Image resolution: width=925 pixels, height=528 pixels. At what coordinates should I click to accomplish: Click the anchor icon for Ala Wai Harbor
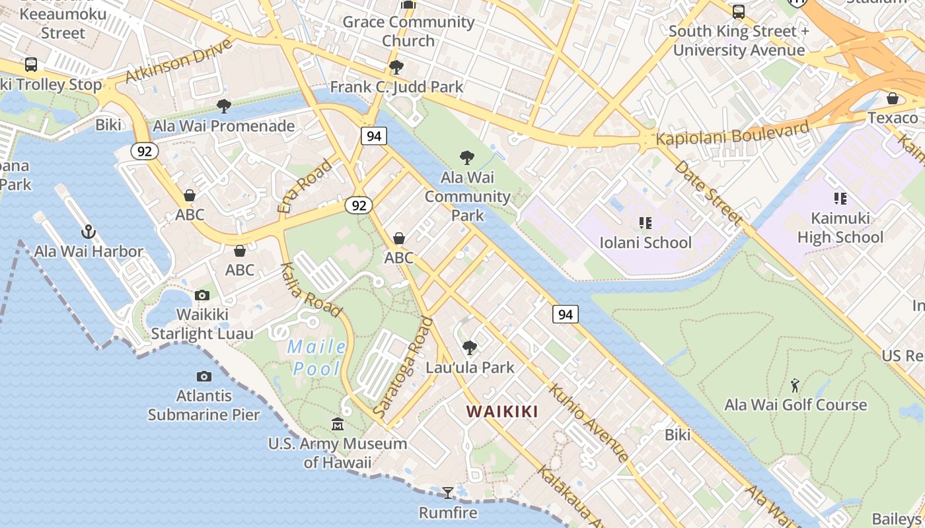89,232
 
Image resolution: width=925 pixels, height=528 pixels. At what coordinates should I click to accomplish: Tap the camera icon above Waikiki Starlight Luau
202,295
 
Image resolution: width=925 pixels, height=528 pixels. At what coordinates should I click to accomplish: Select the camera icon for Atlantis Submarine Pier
204,376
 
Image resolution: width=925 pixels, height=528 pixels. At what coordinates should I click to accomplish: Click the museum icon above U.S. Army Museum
338,423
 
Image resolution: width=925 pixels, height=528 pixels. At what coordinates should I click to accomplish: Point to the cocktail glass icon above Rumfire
448,492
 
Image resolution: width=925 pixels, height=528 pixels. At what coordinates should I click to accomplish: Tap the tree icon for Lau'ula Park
470,347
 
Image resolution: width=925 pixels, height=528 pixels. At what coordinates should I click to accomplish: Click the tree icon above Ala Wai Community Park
467,158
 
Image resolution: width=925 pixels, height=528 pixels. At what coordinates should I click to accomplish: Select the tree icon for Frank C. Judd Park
396,67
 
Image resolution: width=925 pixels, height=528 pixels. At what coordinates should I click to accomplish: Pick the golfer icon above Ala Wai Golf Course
795,385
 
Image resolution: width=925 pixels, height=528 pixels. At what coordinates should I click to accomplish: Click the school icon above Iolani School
645,222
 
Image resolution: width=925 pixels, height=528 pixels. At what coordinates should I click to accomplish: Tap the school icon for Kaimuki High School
840,198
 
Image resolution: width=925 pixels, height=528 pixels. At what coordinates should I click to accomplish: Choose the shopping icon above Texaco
893,98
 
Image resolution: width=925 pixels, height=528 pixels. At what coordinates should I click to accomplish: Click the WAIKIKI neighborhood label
502,412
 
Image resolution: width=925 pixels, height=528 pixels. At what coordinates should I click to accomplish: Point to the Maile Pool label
316,357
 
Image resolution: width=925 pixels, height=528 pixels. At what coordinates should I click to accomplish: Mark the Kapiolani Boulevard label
732,133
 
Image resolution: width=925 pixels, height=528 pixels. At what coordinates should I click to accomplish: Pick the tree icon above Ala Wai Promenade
224,106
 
